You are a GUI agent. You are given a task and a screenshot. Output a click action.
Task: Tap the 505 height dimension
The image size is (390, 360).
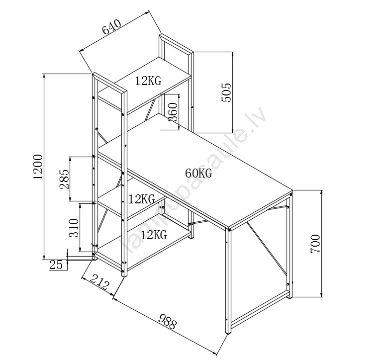coord(226,92)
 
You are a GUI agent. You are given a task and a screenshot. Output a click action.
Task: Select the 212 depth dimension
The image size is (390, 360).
coord(98,282)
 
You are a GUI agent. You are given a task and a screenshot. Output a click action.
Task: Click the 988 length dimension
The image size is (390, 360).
coord(165,321)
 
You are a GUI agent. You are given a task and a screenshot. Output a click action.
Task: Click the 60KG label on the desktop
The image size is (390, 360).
coord(198,174)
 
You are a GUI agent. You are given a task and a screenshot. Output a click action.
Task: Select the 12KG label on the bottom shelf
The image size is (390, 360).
coord(153,235)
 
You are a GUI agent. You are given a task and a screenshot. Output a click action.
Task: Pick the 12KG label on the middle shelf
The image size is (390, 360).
coord(142,200)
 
